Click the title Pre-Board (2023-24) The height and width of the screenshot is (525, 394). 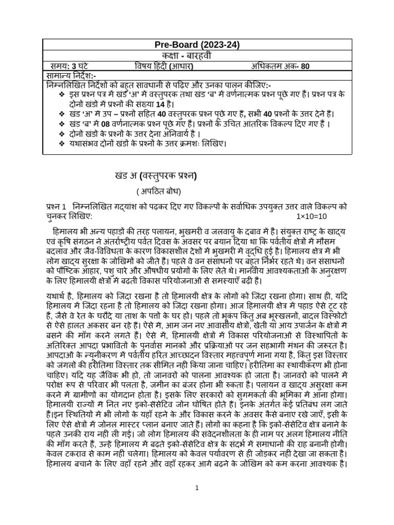click(196, 45)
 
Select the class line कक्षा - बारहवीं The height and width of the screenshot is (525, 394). click(196, 55)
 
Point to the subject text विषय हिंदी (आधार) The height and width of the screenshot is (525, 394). click(164, 66)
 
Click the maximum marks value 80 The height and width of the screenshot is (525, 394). click(305, 66)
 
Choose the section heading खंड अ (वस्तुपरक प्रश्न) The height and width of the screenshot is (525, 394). click(155, 176)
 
